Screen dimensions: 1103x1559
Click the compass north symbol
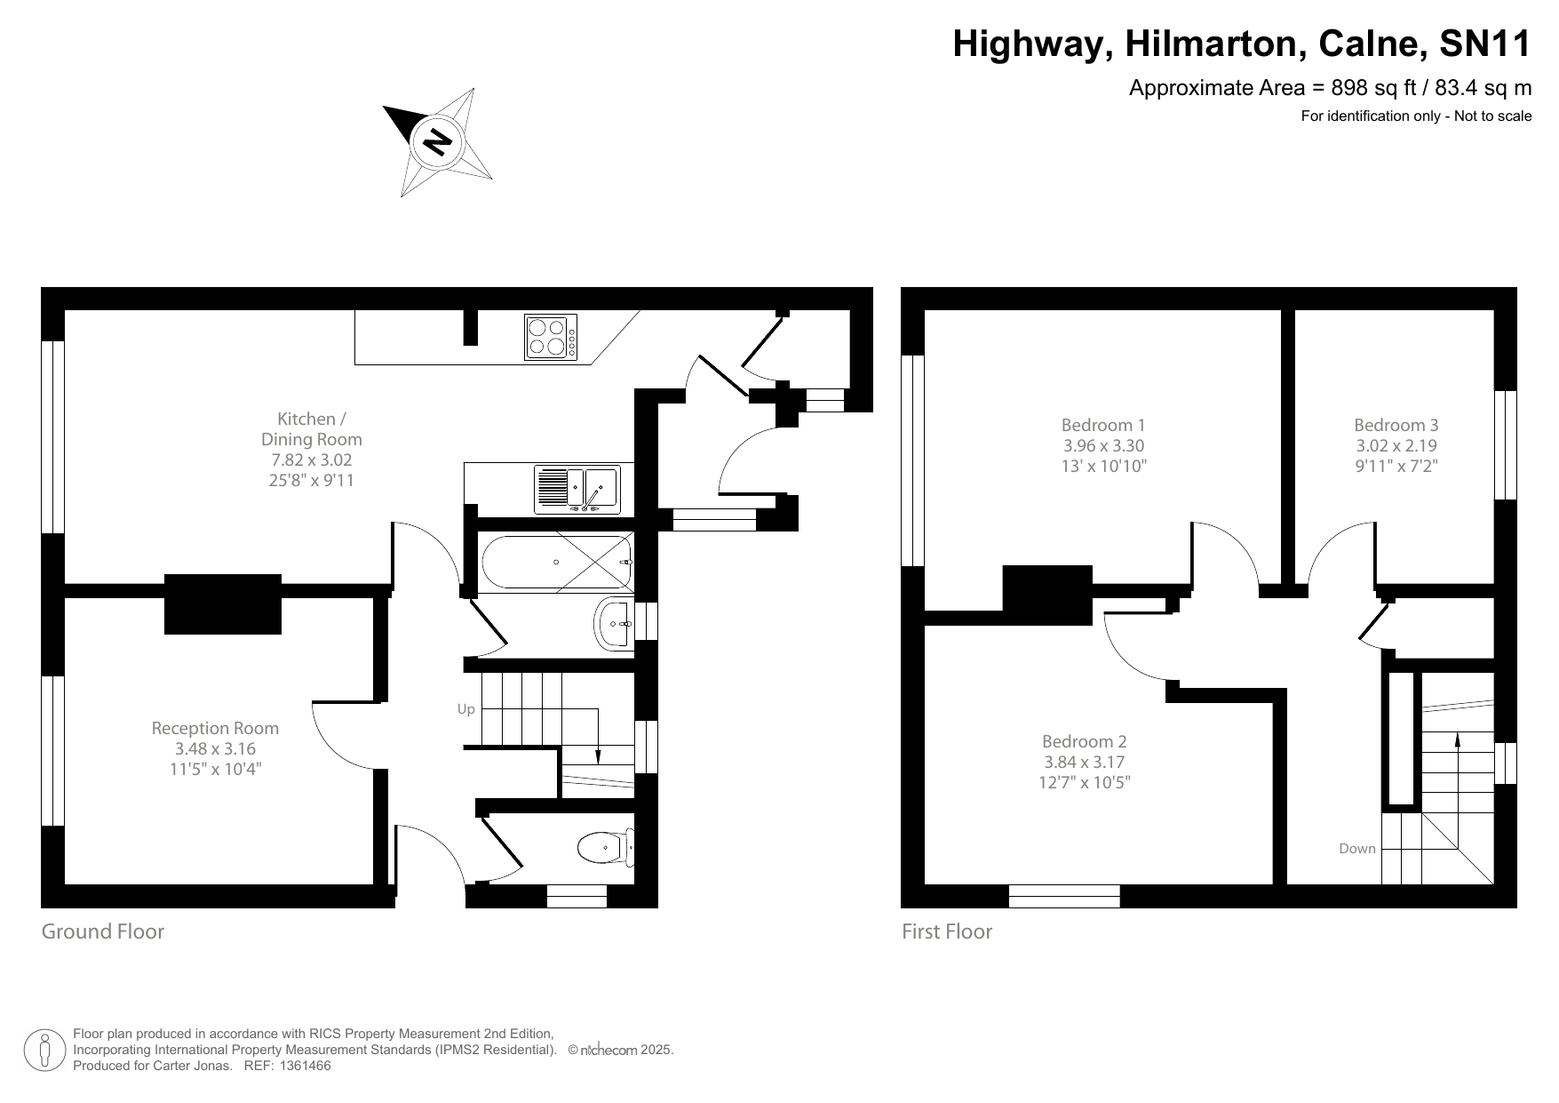click(x=436, y=141)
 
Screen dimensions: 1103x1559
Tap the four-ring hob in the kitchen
click(x=551, y=337)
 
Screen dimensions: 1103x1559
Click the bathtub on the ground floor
click(x=556, y=562)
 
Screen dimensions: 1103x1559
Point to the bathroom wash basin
click(x=615, y=624)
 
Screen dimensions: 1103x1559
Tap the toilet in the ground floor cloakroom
click(x=605, y=847)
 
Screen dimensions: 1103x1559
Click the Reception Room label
click(x=215, y=728)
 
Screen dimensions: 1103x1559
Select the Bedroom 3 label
click(x=1396, y=425)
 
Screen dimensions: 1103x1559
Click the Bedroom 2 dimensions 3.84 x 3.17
click(x=1084, y=762)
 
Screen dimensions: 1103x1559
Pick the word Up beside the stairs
click(x=465, y=709)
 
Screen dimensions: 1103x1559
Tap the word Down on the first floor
click(x=1356, y=849)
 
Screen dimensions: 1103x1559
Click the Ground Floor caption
click(x=103, y=931)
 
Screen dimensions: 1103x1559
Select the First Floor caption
click(x=946, y=931)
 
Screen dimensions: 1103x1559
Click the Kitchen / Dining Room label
click(x=311, y=428)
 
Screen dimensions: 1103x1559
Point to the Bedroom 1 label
click(x=1103, y=425)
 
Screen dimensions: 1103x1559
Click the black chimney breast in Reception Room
click(x=223, y=603)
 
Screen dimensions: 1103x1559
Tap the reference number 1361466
click(x=305, y=1066)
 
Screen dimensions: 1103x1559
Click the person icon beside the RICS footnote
click(x=44, y=1051)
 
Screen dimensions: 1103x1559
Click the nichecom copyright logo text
click(x=609, y=1051)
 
